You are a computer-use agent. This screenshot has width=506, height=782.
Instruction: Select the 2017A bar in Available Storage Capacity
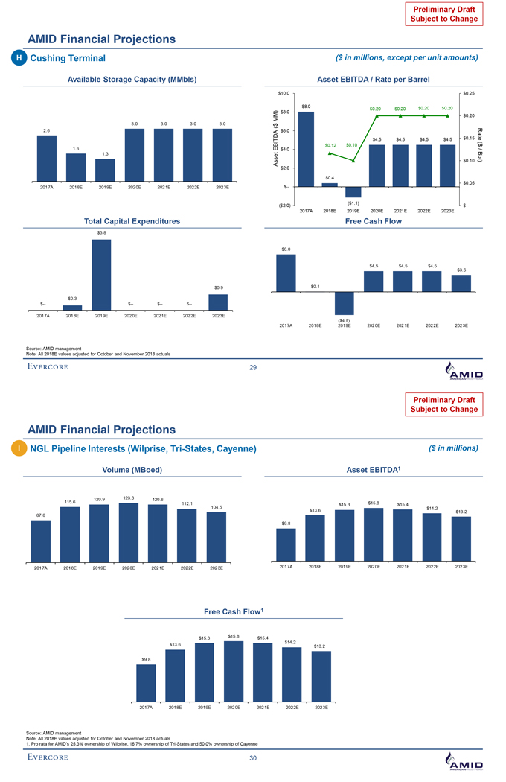tap(47, 158)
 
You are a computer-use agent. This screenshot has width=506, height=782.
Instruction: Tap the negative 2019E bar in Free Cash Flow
tap(344, 303)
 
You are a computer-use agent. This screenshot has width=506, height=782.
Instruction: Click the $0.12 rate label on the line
tap(331, 144)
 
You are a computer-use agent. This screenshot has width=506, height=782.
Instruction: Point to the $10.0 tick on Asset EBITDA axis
tap(284, 93)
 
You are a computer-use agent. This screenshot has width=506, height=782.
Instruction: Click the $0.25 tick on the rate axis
tap(470, 93)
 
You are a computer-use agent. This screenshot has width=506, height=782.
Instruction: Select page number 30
tap(253, 759)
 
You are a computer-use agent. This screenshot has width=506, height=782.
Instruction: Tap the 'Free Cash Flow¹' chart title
tap(233, 611)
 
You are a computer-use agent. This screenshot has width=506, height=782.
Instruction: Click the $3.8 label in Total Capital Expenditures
tap(101, 233)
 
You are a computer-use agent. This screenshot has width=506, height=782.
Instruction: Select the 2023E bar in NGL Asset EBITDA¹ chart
tap(461, 537)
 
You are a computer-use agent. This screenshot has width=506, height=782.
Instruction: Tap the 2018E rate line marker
tap(330, 153)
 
